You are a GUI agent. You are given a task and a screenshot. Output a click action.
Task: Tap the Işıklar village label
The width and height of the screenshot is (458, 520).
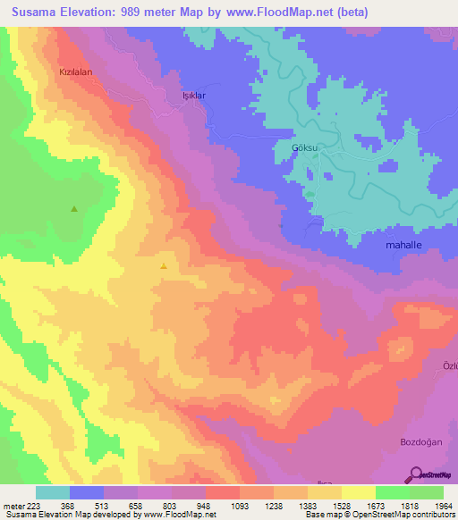[x=194, y=95]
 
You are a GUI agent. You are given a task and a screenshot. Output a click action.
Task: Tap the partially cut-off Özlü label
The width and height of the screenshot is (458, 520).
[x=450, y=365]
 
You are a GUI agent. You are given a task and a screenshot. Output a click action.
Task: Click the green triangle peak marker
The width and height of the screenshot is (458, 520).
[x=74, y=209]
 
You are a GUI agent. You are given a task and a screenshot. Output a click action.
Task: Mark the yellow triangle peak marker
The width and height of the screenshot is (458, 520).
[x=163, y=265]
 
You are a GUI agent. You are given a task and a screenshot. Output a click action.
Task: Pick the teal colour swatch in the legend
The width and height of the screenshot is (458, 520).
[x=53, y=492]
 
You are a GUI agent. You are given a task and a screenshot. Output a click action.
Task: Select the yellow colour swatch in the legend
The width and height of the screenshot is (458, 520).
[x=359, y=492]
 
